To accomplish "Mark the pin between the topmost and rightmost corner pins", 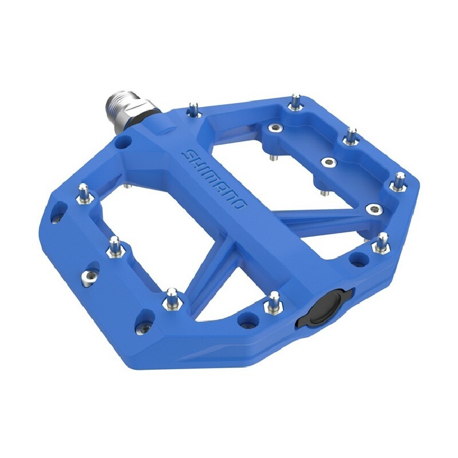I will click(x=351, y=137).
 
